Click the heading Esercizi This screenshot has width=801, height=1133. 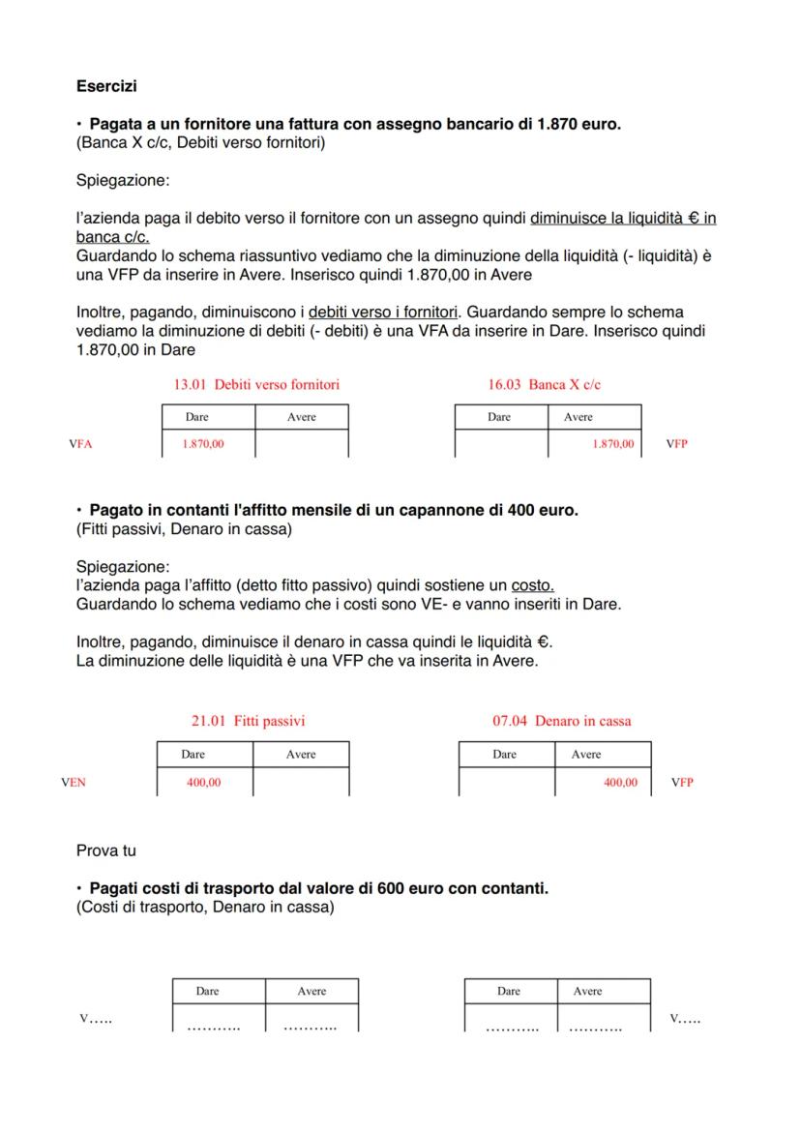coord(106,87)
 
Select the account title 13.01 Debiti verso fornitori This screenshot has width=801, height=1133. coord(256,384)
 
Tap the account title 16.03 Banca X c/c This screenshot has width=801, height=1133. coord(545,384)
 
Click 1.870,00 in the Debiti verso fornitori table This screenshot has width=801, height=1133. coord(203,444)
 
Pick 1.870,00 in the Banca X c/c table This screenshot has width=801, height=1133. coord(612,444)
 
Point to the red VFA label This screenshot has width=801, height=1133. coord(80,444)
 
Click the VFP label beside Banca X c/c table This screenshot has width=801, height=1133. coord(676,444)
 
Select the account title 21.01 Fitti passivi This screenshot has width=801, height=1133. coord(249,721)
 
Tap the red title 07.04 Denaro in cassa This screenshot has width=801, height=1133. coord(561,721)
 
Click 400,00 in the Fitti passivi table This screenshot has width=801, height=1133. coord(203,783)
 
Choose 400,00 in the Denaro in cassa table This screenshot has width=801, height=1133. coord(620,783)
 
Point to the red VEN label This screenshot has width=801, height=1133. coord(73,783)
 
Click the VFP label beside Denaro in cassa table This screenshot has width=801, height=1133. coord(682,783)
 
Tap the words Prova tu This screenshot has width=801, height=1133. coord(105,851)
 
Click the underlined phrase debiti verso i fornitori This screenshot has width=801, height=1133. coord(382,313)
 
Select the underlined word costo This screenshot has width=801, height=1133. coord(532,586)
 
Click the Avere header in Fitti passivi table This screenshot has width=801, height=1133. coord(301,755)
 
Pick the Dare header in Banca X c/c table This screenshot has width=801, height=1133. coord(499,417)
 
